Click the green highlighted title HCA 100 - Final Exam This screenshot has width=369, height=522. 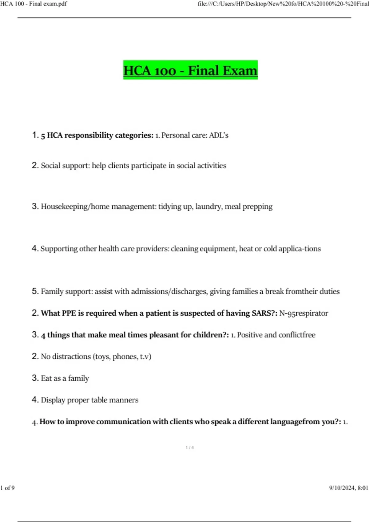tap(190, 70)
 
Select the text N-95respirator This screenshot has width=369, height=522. tap(304, 313)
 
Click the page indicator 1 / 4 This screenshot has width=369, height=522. tap(190, 447)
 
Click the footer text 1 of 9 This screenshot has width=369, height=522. tap(8, 488)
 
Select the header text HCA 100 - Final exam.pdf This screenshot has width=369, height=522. tap(34, 4)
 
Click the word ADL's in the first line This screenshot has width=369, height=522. tap(219, 135)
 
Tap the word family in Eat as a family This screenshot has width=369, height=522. tap(78, 378)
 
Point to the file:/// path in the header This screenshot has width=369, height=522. tap(283, 4)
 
